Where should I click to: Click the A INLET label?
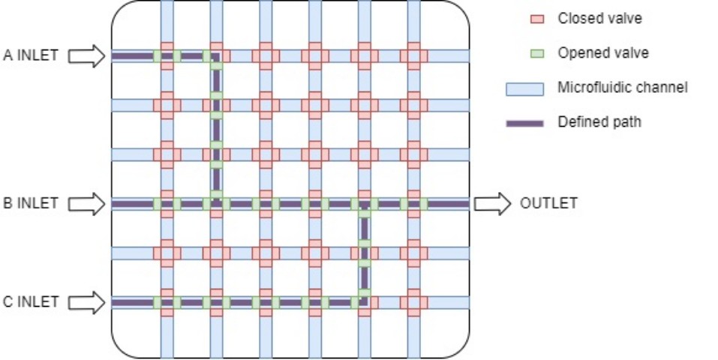pyautogui.click(x=31, y=55)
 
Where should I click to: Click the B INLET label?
pyautogui.click(x=31, y=203)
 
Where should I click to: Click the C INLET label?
pyautogui.click(x=31, y=302)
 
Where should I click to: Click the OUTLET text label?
pyautogui.click(x=548, y=203)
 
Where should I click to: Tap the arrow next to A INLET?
pyautogui.click(x=86, y=55)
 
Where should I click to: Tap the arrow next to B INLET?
pyautogui.click(x=86, y=203)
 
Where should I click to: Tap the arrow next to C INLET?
pyautogui.click(x=86, y=302)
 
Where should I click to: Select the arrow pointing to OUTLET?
pyautogui.click(x=491, y=203)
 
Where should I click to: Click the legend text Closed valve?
pyautogui.click(x=600, y=18)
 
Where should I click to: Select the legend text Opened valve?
pyautogui.click(x=603, y=53)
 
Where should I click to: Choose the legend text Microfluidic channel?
pyautogui.click(x=622, y=88)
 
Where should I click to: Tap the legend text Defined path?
pyautogui.click(x=599, y=121)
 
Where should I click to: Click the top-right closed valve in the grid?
pyautogui.click(x=413, y=55)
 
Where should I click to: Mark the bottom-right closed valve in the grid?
pyautogui.click(x=413, y=302)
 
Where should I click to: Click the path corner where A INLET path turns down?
pyautogui.click(x=216, y=56)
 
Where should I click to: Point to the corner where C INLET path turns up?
pyautogui.click(x=364, y=301)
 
